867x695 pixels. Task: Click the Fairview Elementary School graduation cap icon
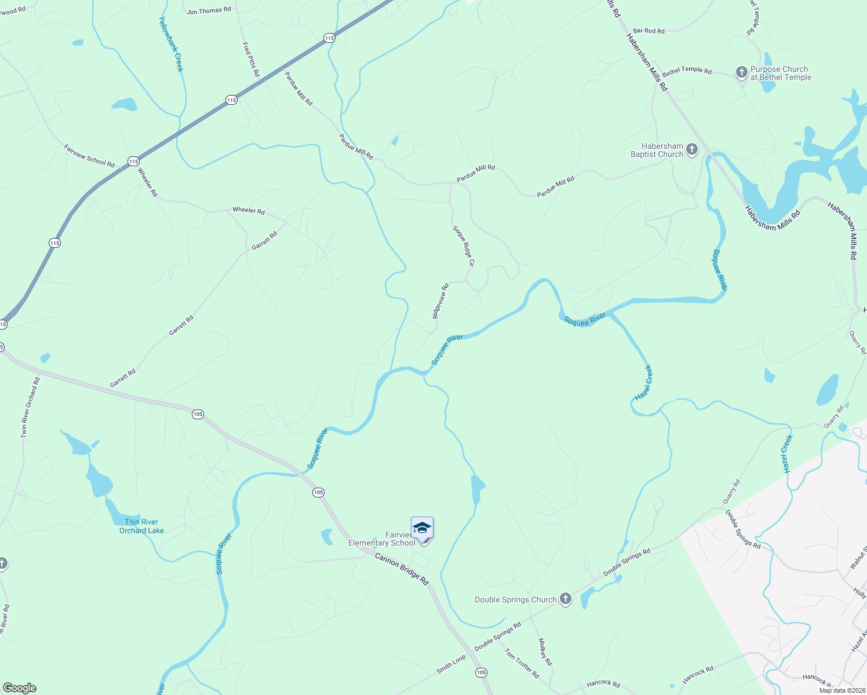[422, 528]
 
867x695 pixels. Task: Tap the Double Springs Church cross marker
[566, 599]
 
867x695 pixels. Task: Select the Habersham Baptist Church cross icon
[692, 150]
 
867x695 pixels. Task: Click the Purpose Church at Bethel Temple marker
[741, 72]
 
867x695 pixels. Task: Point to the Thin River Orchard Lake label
[141, 526]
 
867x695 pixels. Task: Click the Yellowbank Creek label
[171, 44]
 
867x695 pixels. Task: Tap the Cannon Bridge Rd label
[401, 569]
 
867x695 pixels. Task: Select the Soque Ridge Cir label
[464, 246]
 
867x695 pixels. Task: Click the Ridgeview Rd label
[440, 301]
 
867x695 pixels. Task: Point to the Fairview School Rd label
[89, 156]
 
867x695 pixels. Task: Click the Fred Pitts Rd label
[250, 59]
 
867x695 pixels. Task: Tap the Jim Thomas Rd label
[209, 10]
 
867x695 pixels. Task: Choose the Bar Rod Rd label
[649, 31]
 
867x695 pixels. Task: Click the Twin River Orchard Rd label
[30, 407]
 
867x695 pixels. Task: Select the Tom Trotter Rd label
[522, 664]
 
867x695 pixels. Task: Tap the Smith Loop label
[451, 664]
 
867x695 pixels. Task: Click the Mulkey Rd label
[545, 652]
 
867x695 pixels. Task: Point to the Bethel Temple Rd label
[687, 71]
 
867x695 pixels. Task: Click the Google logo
[19, 688]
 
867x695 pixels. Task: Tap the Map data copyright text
[842, 690]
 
